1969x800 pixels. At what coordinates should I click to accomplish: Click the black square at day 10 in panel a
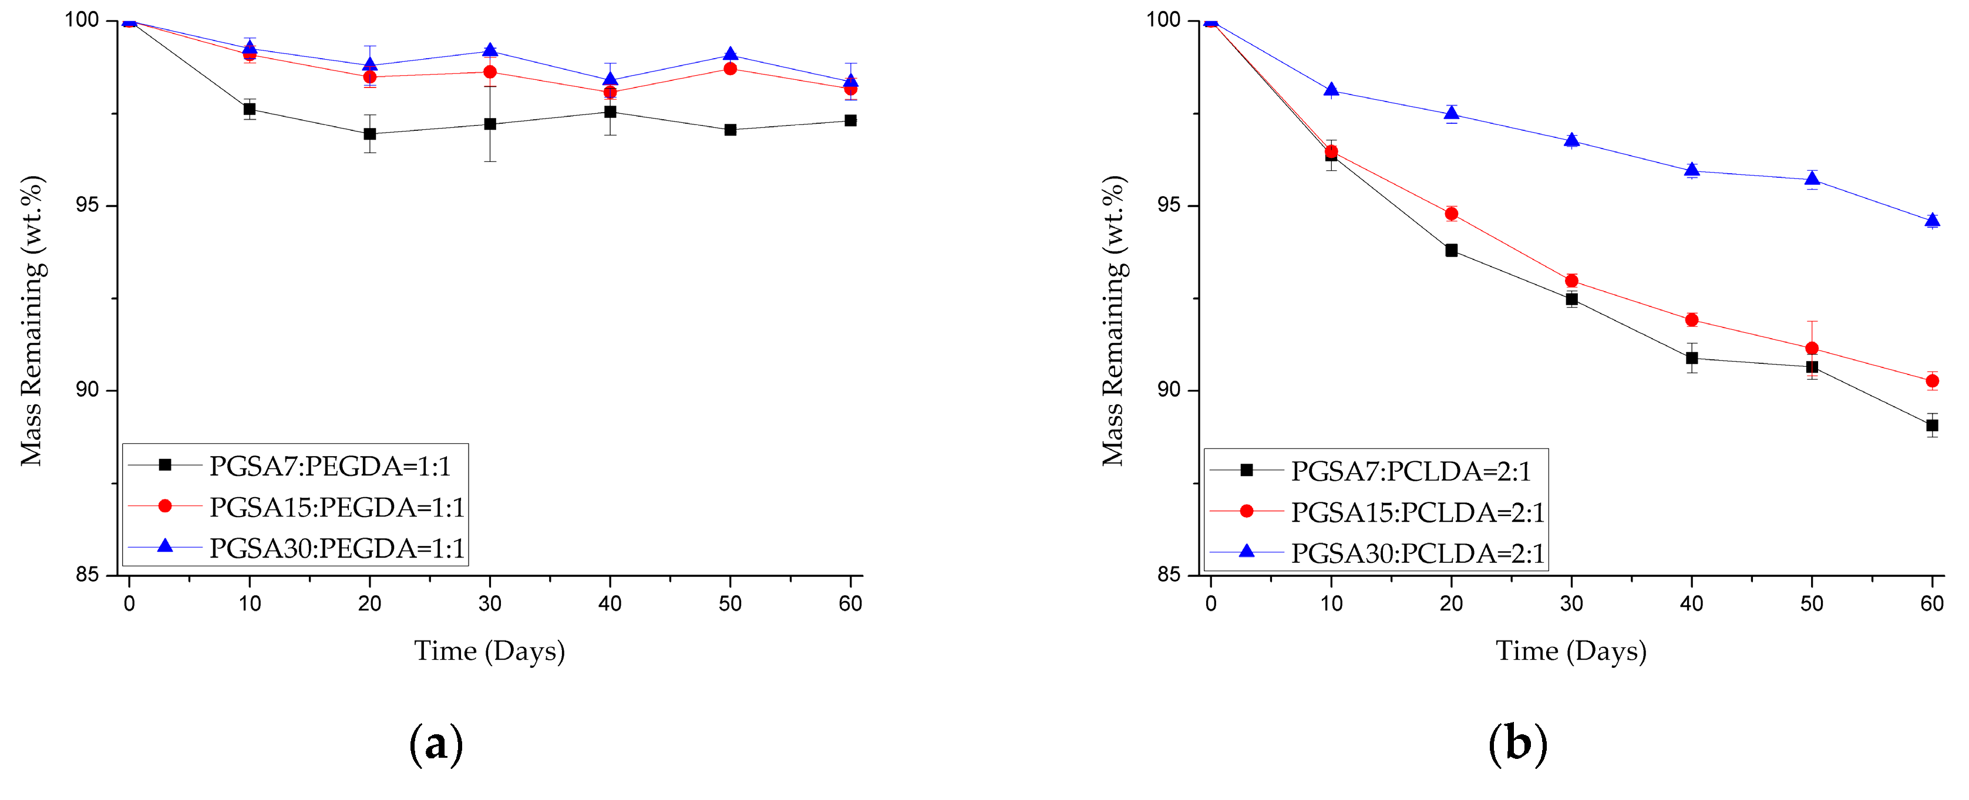[x=249, y=109]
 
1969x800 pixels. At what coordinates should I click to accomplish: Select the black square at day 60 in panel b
[x=1931, y=426]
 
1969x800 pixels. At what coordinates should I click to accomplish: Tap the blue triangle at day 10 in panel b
[x=1331, y=90]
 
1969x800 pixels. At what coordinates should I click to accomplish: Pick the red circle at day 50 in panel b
[x=1812, y=349]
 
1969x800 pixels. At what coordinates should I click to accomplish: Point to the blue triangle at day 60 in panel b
[x=1931, y=221]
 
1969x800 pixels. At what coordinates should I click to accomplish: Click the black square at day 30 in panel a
[x=490, y=124]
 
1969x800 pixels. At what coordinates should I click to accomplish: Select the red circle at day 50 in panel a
[x=730, y=69]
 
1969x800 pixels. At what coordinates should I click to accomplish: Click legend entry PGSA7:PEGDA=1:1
[x=329, y=466]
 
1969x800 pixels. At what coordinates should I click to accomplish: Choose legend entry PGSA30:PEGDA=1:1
[x=336, y=549]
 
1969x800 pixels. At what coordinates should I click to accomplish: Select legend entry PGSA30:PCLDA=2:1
[x=1417, y=554]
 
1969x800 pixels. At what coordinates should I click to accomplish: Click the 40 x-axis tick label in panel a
[x=610, y=603]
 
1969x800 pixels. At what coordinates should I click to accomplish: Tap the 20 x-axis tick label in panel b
[x=1450, y=603]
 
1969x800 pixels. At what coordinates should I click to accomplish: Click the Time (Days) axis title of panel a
[x=489, y=651]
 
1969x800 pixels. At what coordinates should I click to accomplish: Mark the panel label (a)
[x=436, y=744]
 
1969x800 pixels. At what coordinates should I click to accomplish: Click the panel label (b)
[x=1517, y=744]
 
